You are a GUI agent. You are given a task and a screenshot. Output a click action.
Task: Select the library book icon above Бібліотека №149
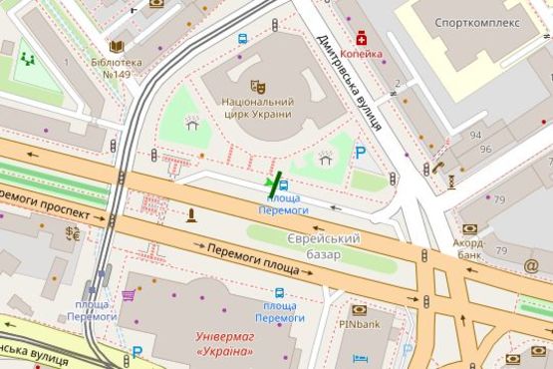point(117,47)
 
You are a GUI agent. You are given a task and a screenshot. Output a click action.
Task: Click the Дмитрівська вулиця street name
point(350,84)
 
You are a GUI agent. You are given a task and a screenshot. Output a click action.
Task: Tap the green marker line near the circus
point(275,183)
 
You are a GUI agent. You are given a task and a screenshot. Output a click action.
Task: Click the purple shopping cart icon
point(129,295)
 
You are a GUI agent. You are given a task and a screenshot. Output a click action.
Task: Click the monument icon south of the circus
point(191,214)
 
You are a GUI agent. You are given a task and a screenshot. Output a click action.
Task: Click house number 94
point(476,135)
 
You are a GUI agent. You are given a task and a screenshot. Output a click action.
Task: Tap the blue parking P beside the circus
point(361,153)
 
